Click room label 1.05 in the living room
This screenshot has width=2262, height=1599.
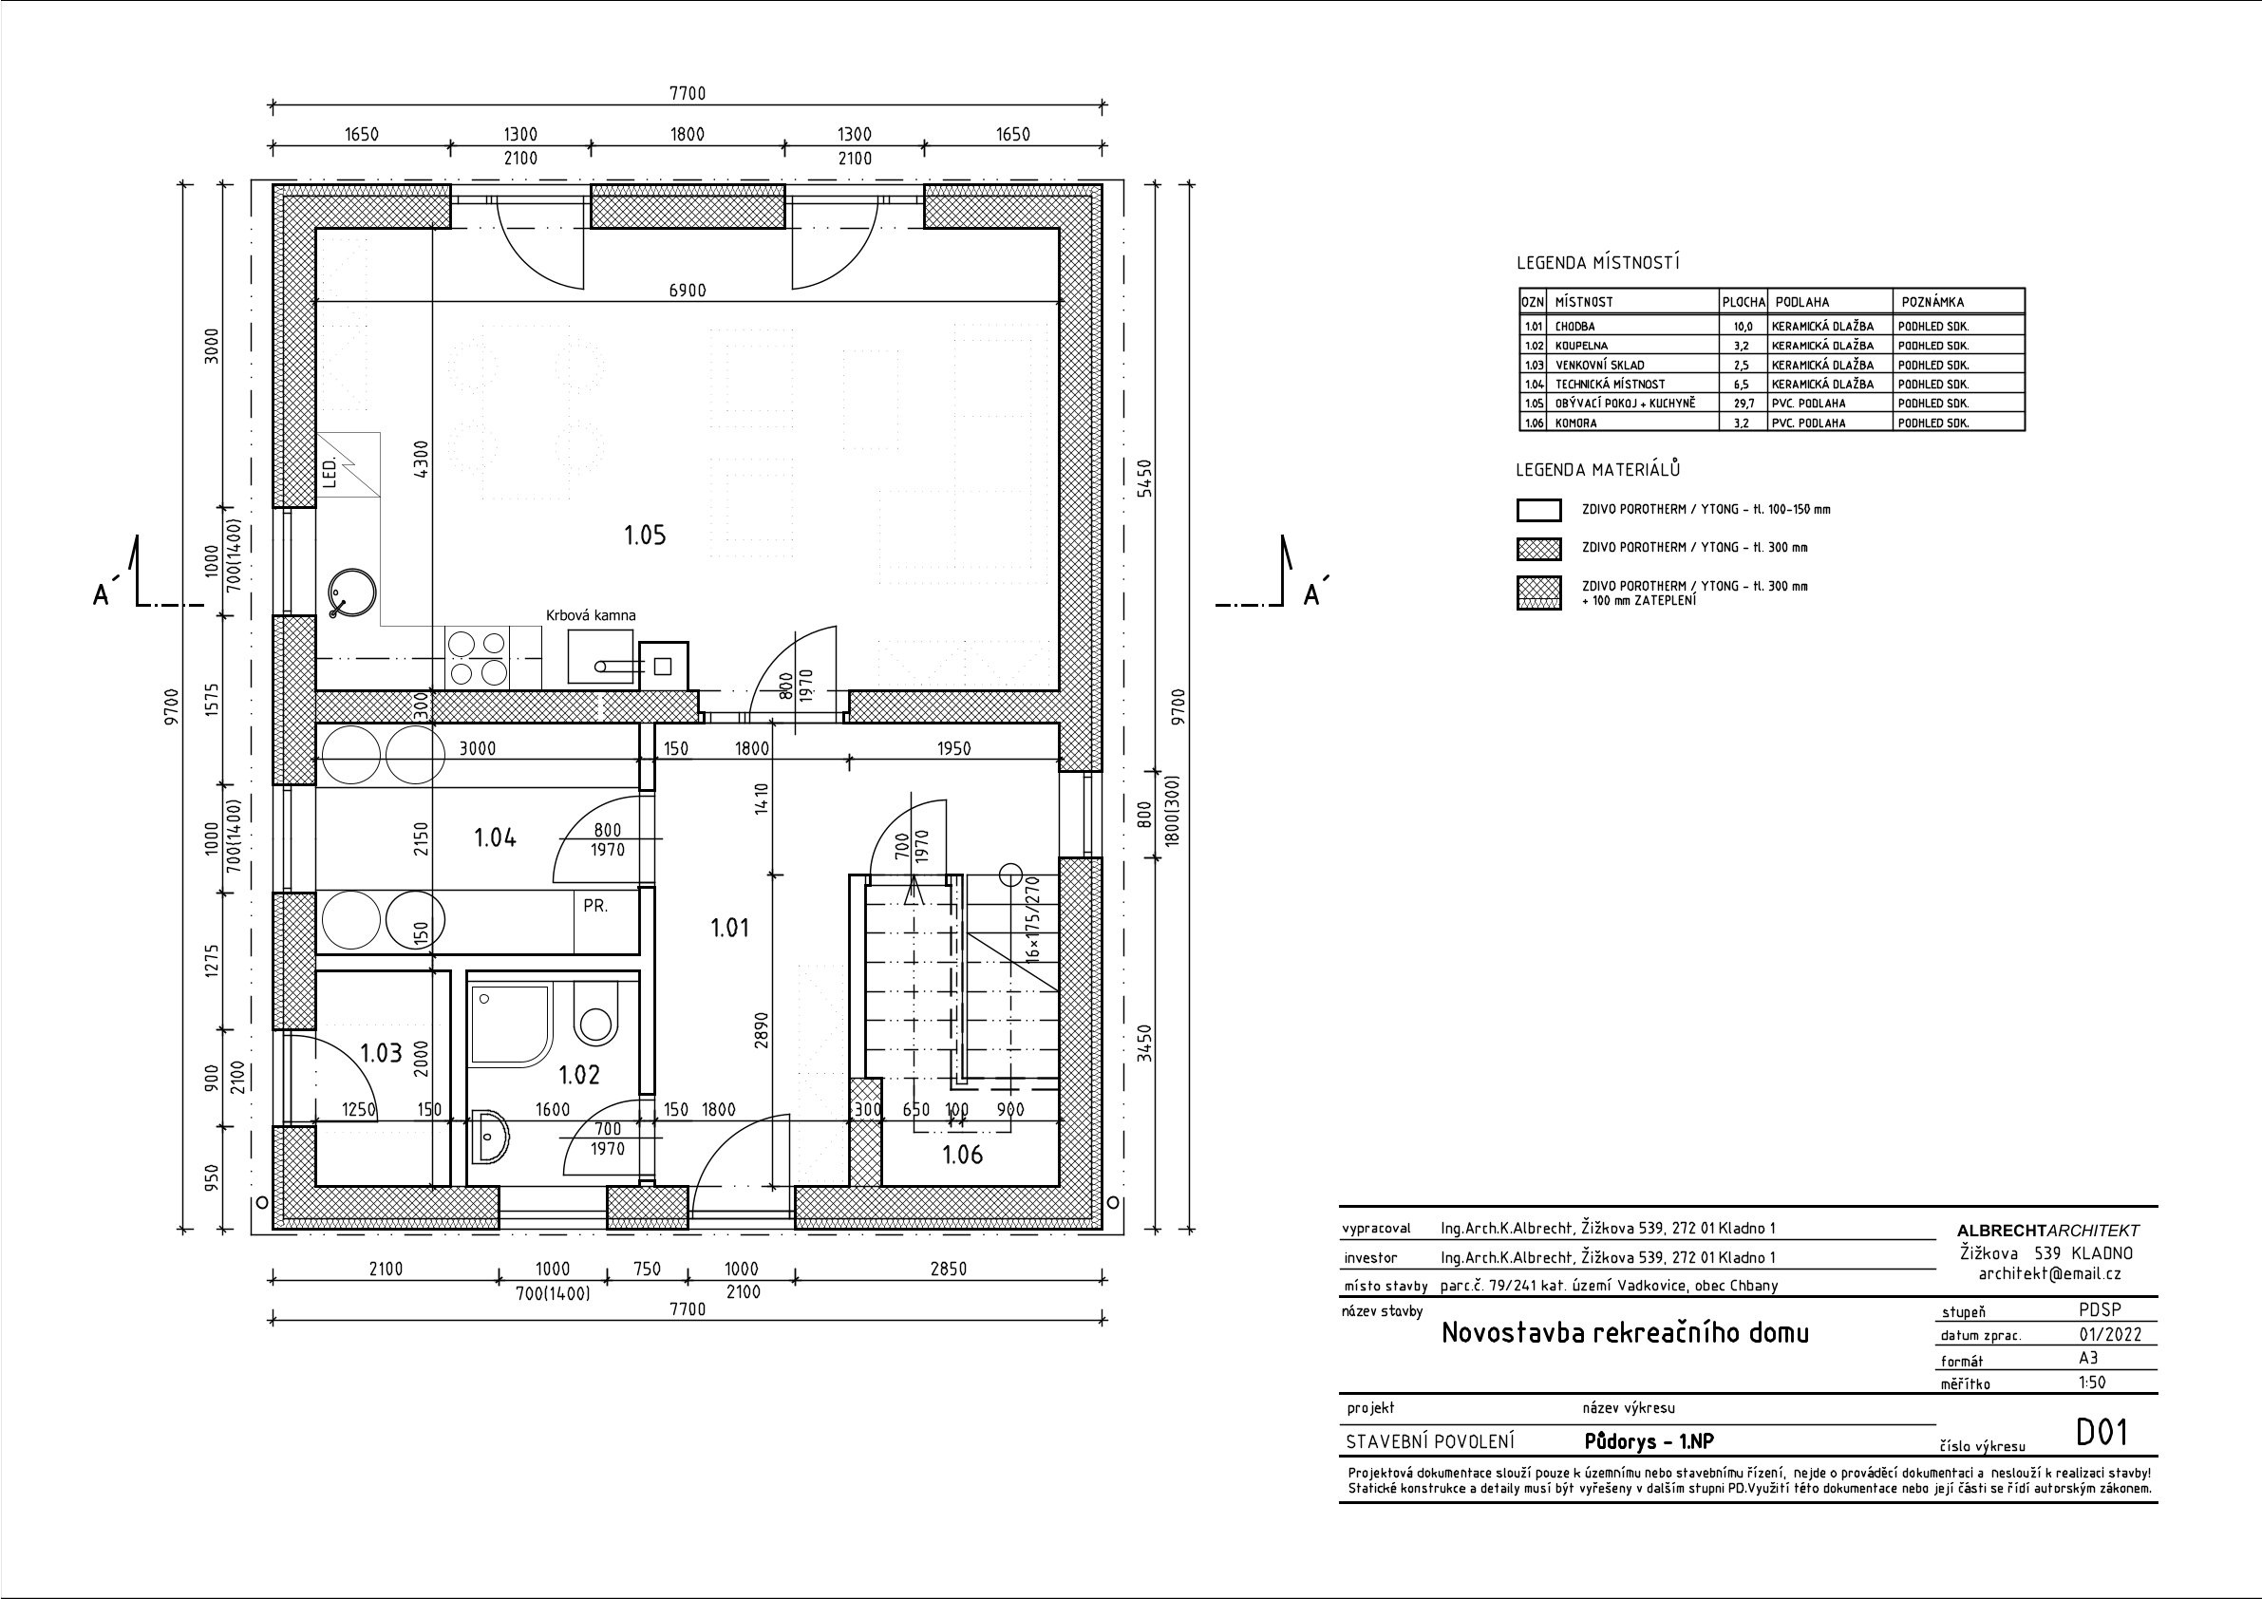click(x=646, y=535)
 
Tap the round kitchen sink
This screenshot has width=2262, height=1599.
click(x=350, y=593)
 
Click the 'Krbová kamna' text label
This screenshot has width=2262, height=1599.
click(x=591, y=614)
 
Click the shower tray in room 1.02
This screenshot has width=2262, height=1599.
click(x=510, y=1025)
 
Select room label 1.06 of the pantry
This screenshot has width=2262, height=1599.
click(x=963, y=1154)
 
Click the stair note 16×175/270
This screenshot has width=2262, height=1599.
click(x=1033, y=919)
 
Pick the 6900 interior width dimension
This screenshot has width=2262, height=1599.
click(x=687, y=291)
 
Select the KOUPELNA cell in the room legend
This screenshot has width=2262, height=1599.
click(x=1581, y=346)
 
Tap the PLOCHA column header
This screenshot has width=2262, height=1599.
click(x=1744, y=303)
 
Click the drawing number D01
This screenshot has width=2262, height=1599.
click(x=2102, y=1433)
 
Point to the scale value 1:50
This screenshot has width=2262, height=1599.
click(x=2092, y=1383)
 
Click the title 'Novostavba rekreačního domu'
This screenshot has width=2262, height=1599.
click(x=1626, y=1333)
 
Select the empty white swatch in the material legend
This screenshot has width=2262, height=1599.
click(x=1539, y=510)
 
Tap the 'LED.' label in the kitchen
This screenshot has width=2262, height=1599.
click(x=330, y=472)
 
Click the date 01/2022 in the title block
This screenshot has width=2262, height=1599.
click(x=2103, y=1335)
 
